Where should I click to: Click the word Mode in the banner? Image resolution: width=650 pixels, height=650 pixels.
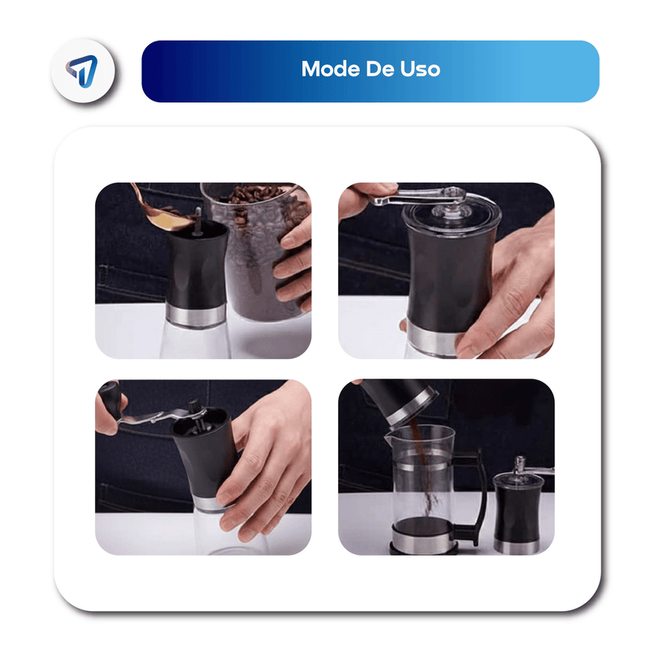(330, 69)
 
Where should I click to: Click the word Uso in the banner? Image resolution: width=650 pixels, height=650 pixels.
(420, 69)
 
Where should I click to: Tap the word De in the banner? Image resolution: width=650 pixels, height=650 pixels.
(379, 69)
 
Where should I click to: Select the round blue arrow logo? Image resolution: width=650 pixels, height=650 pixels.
(83, 71)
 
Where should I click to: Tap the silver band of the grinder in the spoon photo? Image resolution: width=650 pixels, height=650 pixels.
(196, 316)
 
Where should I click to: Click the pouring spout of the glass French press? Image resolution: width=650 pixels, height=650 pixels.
(389, 438)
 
